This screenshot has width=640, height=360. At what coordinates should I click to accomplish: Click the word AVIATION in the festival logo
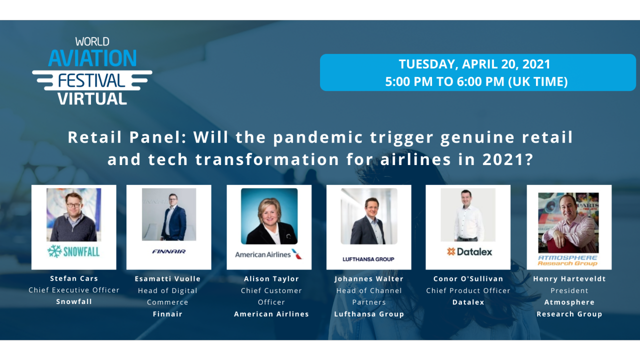[92, 58]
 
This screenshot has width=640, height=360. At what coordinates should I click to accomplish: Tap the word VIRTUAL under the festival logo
[92, 98]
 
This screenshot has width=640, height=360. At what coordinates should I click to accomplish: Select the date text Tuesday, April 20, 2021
[474, 64]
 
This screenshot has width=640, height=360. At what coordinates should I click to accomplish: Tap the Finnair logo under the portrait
[169, 251]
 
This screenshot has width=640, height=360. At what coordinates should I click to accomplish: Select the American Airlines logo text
[263, 254]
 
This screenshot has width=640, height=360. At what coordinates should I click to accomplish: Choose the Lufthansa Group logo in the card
[368, 259]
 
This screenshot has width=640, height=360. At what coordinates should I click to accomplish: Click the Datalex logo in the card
[469, 251]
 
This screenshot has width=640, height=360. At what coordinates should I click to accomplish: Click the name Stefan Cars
[74, 278]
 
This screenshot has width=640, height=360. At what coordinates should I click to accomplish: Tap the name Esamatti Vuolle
[167, 278]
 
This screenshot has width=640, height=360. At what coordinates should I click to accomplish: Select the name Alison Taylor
[271, 278]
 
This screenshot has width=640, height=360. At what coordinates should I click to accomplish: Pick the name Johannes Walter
[369, 278]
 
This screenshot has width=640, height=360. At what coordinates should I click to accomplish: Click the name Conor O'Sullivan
[468, 278]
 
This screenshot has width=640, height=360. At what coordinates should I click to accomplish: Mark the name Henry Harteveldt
[569, 278]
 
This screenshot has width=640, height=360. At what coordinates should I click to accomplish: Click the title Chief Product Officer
[468, 290]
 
